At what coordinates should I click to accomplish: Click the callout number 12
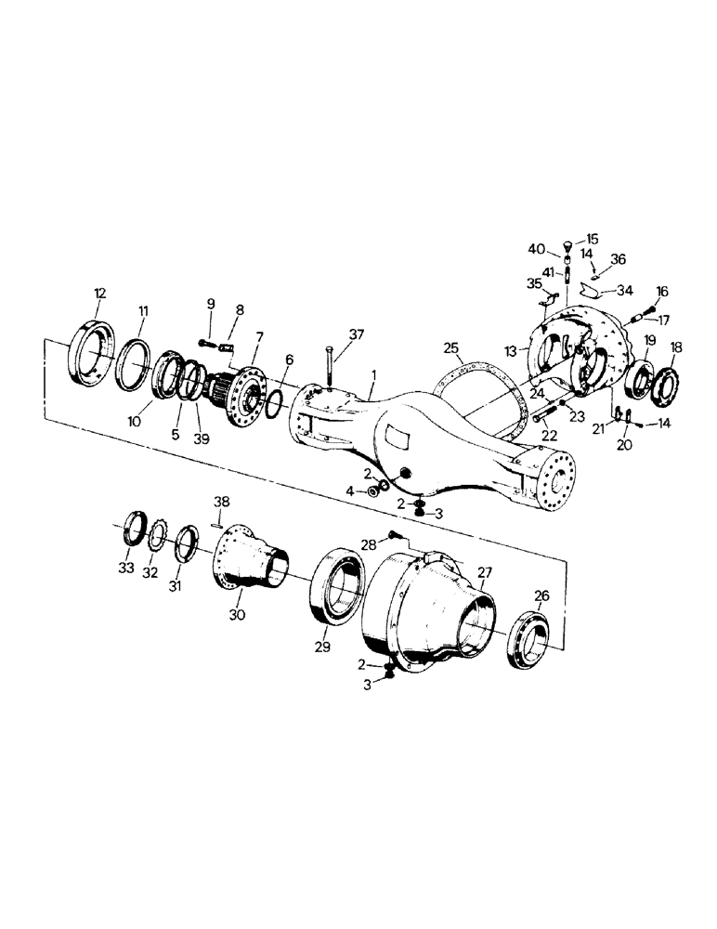click(99, 294)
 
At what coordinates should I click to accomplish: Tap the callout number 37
click(357, 334)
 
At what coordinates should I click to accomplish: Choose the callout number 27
click(485, 572)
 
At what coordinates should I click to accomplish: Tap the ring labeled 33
click(136, 538)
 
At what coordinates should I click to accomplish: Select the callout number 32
click(150, 573)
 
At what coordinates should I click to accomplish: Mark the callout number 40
click(537, 249)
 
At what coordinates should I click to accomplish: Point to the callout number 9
click(210, 304)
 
